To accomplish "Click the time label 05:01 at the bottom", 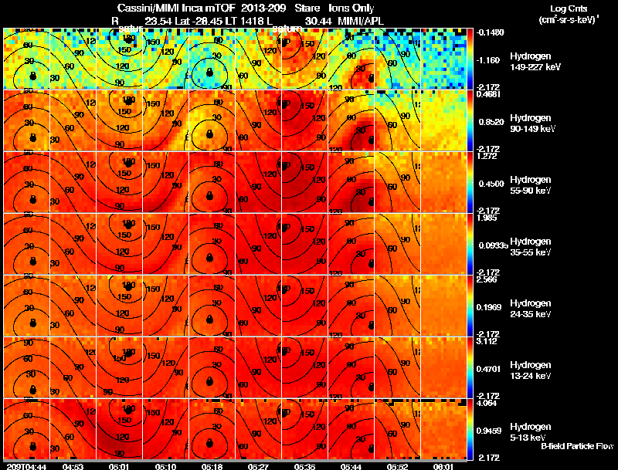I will pos(119,465).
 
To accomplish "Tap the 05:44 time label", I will pos(351,465).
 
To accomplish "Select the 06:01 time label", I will pos(444,465).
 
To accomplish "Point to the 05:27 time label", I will pos(259,465).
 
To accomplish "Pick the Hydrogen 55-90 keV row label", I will pos(531,185).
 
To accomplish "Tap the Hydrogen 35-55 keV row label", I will pos(531,247).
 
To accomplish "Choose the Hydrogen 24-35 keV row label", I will pos(531,309).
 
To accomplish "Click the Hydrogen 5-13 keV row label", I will pos(530,431).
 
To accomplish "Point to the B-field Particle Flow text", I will pos(577,446).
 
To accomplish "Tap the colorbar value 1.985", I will pos(487,217).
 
